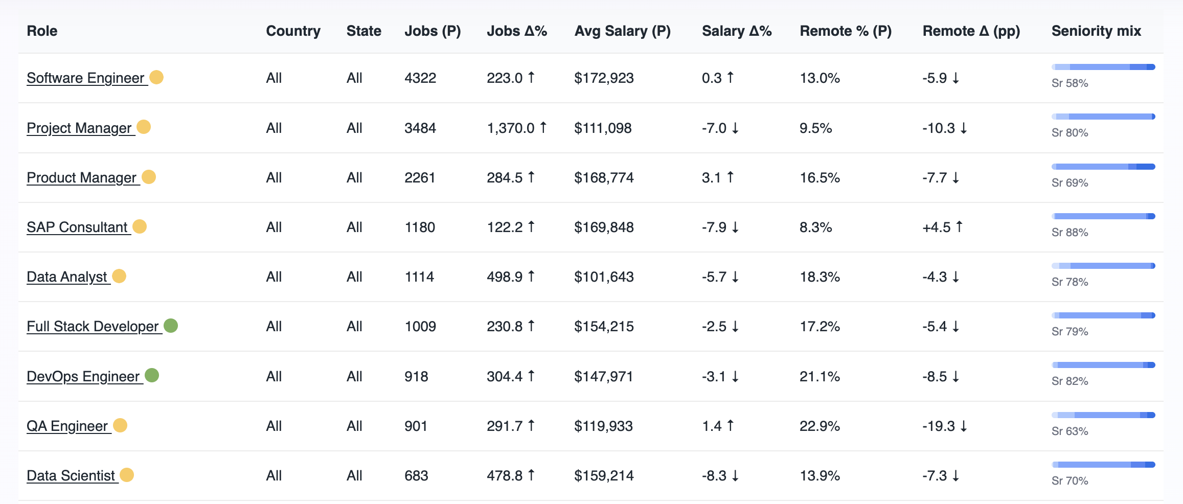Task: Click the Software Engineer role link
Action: [x=85, y=78]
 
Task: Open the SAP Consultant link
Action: [x=77, y=227]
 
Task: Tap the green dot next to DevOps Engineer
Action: [x=152, y=376]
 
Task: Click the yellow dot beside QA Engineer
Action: [x=120, y=425]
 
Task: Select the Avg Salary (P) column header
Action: [x=622, y=31]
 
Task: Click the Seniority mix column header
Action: [x=1096, y=31]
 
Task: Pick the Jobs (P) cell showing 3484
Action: [x=420, y=128]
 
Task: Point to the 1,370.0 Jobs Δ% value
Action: [x=510, y=128]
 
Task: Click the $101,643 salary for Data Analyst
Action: [x=603, y=277]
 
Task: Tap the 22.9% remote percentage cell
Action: [x=820, y=426]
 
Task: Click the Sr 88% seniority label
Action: [x=1070, y=233]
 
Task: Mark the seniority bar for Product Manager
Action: [x=1103, y=167]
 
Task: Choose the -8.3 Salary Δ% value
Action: [x=714, y=476]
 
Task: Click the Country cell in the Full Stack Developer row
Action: [x=274, y=327]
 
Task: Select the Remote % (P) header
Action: [x=845, y=31]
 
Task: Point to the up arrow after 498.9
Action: [x=531, y=277]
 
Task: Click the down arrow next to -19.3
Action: [x=963, y=426]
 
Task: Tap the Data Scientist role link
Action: [x=71, y=476]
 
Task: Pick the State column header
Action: [x=363, y=31]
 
